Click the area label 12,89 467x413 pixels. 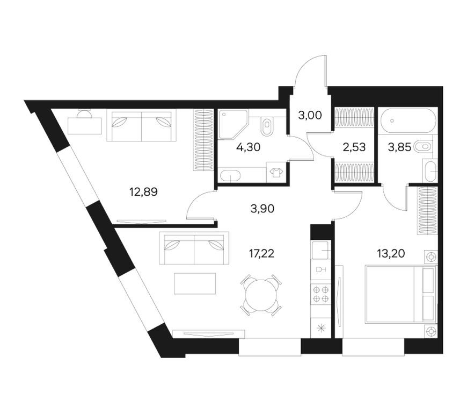[x=143, y=192]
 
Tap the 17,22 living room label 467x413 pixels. [x=261, y=254]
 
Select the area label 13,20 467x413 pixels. [x=391, y=254]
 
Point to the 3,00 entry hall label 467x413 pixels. [x=310, y=115]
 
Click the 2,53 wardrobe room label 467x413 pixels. [x=354, y=147]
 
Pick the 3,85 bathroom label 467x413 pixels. [x=399, y=147]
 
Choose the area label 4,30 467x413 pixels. [x=249, y=147]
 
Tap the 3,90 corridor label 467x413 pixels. [x=262, y=209]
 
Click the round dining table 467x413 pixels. [x=261, y=295]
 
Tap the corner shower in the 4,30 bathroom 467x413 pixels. [x=233, y=124]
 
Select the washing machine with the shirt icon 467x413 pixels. [x=276, y=172]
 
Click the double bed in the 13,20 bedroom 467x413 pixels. [x=400, y=295]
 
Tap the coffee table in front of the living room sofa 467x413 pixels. [x=195, y=283]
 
